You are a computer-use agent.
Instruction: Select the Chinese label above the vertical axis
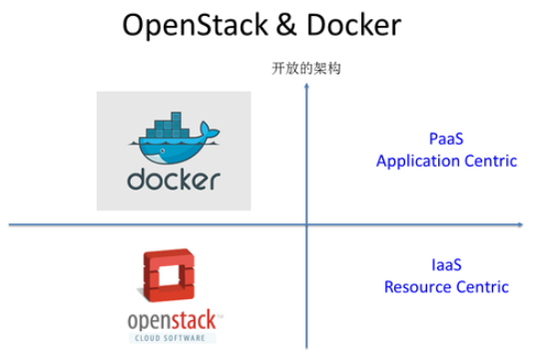[x=306, y=70]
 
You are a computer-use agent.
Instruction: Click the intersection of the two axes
[x=306, y=225]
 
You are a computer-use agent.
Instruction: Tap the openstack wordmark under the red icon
[x=174, y=321]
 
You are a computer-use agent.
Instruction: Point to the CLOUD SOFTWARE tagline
[x=174, y=339]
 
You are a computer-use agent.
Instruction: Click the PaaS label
[x=446, y=141]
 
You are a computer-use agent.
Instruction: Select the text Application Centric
[x=446, y=161]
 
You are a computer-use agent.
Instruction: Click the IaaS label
[x=446, y=266]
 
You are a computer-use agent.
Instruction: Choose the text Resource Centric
[x=446, y=287]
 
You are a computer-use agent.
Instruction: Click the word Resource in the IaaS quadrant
[x=417, y=287]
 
